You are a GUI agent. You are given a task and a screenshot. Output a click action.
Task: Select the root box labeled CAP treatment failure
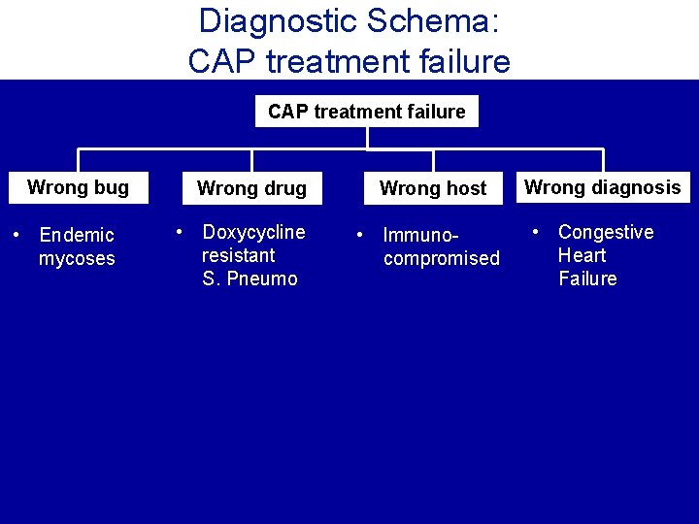pos(366,112)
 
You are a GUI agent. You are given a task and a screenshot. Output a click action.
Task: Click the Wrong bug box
pos(78,187)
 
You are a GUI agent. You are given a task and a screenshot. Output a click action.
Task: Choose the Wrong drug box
pos(251,188)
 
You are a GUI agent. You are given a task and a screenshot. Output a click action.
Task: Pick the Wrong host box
pos(433,188)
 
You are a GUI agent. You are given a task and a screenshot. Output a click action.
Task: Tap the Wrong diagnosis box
pos(603,187)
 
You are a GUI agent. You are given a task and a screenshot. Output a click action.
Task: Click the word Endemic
pos(77,235)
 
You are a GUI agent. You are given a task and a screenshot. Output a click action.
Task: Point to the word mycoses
pos(77,259)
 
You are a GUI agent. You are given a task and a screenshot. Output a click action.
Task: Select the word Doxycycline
pos(253,232)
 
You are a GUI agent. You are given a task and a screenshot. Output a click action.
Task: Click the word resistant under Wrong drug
pos(238,255)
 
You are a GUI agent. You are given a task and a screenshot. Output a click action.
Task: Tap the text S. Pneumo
pos(250,279)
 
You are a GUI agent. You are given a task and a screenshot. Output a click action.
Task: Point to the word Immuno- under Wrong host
pos(419,235)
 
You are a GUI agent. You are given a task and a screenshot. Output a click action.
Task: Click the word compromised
pos(442,259)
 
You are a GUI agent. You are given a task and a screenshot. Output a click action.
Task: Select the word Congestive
pos(606,232)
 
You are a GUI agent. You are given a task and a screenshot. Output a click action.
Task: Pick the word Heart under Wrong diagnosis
pos(582,255)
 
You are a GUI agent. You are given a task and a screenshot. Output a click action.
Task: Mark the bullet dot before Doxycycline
pos(180,232)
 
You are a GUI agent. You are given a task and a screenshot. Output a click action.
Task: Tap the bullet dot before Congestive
pos(536,232)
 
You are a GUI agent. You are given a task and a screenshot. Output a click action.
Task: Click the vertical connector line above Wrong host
pos(433,161)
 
